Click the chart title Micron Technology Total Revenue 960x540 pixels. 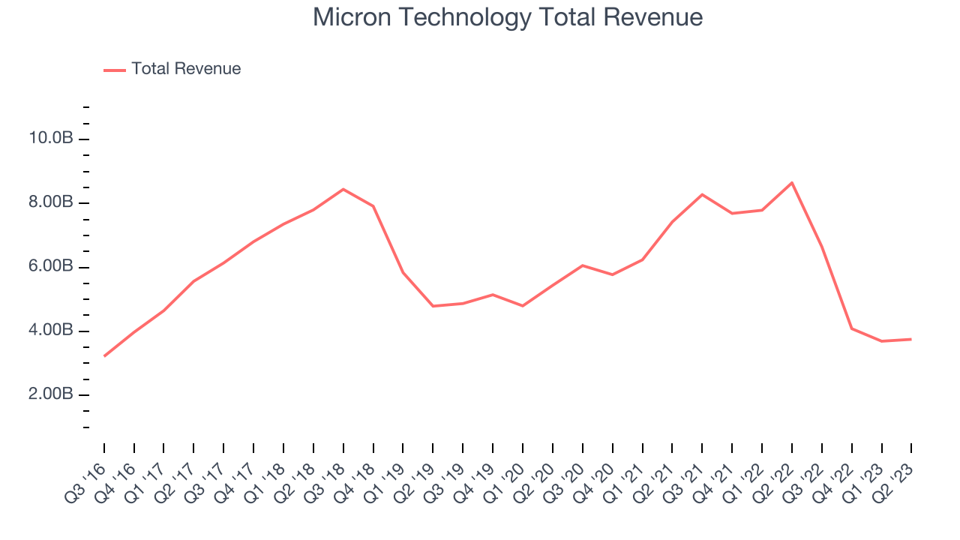[508, 16]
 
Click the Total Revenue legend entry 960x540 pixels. [185, 69]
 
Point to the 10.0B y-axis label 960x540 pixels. [51, 139]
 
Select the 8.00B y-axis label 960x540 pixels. [49, 202]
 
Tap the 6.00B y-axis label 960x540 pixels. [49, 267]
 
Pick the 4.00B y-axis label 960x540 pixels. [49, 331]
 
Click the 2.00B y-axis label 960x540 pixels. [49, 394]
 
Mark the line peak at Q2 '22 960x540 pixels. [792, 182]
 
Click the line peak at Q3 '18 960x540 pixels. [343, 189]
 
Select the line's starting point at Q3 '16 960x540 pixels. [104, 356]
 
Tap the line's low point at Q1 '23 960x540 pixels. [882, 341]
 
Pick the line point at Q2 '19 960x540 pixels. [433, 306]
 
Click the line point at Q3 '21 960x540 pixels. [702, 194]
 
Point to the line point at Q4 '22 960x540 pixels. [852, 328]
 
